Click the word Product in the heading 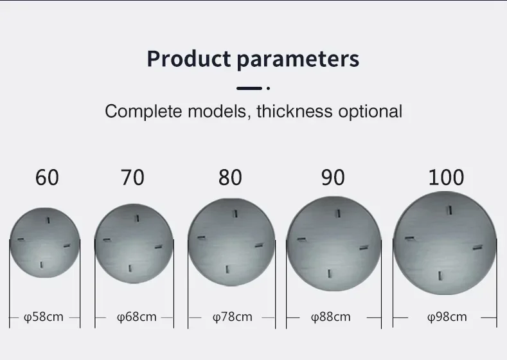coord(189,59)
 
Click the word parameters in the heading coord(298,60)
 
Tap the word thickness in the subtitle coord(294,111)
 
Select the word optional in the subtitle coord(370,112)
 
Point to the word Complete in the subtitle coord(143,112)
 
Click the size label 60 coord(47,177)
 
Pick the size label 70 coord(132,177)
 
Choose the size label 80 coord(230,177)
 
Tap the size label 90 coord(333,177)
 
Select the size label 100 coord(446,177)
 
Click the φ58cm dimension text coord(44,317)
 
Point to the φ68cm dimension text coord(136,317)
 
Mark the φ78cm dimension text coord(233,317)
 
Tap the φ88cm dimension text coord(330,317)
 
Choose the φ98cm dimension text coord(447,317)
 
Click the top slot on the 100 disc coord(449,210)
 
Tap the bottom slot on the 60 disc coord(41,265)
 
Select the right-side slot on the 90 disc coord(364,248)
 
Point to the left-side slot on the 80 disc coord(201,238)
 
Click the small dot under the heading coord(268,88)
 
